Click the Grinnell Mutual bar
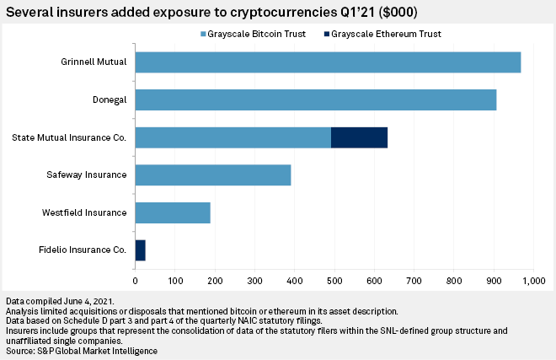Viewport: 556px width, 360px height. pos(328,62)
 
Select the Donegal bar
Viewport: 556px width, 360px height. pos(315,99)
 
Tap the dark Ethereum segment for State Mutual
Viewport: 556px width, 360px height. pos(359,137)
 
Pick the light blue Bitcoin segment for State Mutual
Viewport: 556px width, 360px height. pos(233,137)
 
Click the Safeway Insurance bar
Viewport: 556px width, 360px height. pos(212,175)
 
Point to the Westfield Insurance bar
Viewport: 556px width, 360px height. pos(172,212)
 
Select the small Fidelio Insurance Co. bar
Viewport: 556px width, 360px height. pos(140,250)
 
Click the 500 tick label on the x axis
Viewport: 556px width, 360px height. pos(334,279)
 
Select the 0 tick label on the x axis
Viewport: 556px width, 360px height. pos(135,279)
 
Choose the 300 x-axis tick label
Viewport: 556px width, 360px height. pos(254,279)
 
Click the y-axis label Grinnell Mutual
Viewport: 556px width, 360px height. pos(93,62)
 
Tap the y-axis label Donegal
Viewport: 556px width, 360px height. pos(109,99)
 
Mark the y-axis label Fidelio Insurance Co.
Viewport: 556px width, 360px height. pos(83,250)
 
